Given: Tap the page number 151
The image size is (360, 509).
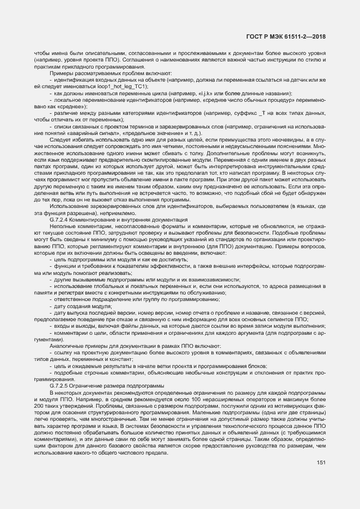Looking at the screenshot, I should pos(321,463).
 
